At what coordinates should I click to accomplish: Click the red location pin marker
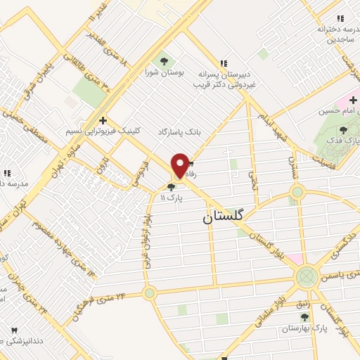[180, 165]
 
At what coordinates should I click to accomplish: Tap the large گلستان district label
[223, 217]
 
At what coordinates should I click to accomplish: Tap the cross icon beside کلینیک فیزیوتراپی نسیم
[103, 120]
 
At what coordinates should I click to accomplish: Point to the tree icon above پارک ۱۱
[172, 187]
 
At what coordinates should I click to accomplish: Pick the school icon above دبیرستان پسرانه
[224, 63]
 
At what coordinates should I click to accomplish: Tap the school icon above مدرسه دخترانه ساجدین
[340, 18]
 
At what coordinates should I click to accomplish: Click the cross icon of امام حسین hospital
[352, 101]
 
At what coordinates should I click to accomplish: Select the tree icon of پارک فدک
[342, 130]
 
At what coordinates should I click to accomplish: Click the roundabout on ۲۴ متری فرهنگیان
[149, 292]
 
